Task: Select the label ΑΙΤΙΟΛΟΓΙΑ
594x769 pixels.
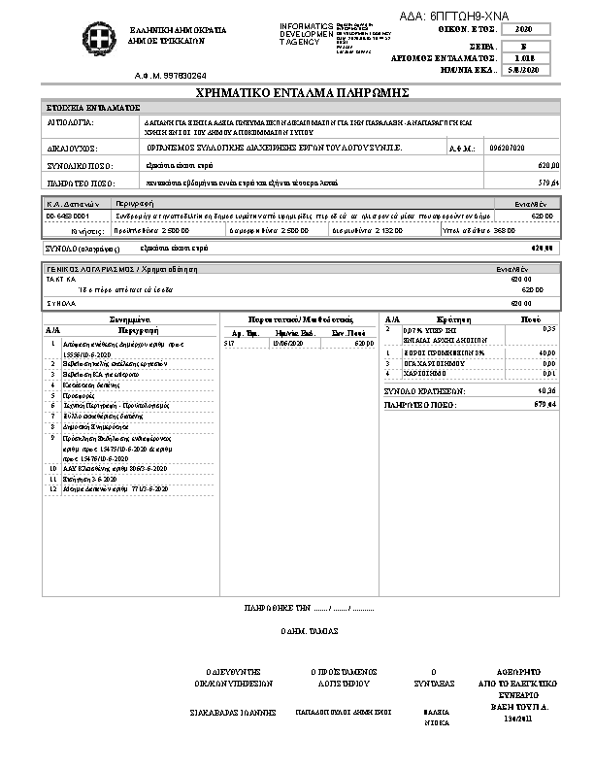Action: tap(70, 125)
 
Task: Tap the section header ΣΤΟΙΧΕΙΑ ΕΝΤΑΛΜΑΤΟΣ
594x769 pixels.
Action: tap(93, 107)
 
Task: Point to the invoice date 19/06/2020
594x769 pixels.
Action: tap(287, 343)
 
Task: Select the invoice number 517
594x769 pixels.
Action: tap(229, 343)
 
